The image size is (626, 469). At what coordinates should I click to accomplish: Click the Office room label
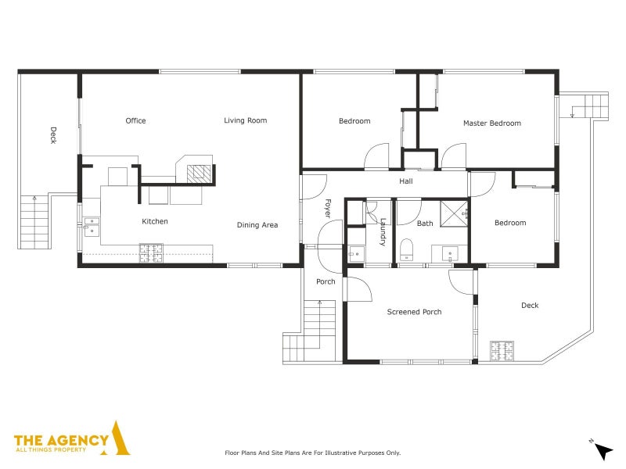[135, 121]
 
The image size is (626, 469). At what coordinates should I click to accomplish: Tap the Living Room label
[245, 121]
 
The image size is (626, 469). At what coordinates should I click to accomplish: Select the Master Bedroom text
[491, 124]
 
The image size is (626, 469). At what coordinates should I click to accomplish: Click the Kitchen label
[154, 222]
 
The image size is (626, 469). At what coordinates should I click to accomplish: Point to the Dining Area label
[257, 226]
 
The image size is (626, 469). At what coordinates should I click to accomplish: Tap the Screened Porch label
[414, 312]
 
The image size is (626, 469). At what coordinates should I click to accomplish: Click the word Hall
[405, 182]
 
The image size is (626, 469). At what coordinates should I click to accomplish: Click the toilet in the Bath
[406, 250]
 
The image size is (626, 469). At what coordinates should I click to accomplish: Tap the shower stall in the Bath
[454, 213]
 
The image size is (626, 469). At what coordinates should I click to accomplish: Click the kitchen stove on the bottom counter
[151, 252]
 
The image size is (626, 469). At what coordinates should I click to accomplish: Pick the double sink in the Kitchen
[91, 227]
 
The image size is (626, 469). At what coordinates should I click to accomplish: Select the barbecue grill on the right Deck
[502, 351]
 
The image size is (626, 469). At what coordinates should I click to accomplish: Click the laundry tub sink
[356, 253]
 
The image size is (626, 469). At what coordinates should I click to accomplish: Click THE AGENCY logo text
[63, 441]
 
